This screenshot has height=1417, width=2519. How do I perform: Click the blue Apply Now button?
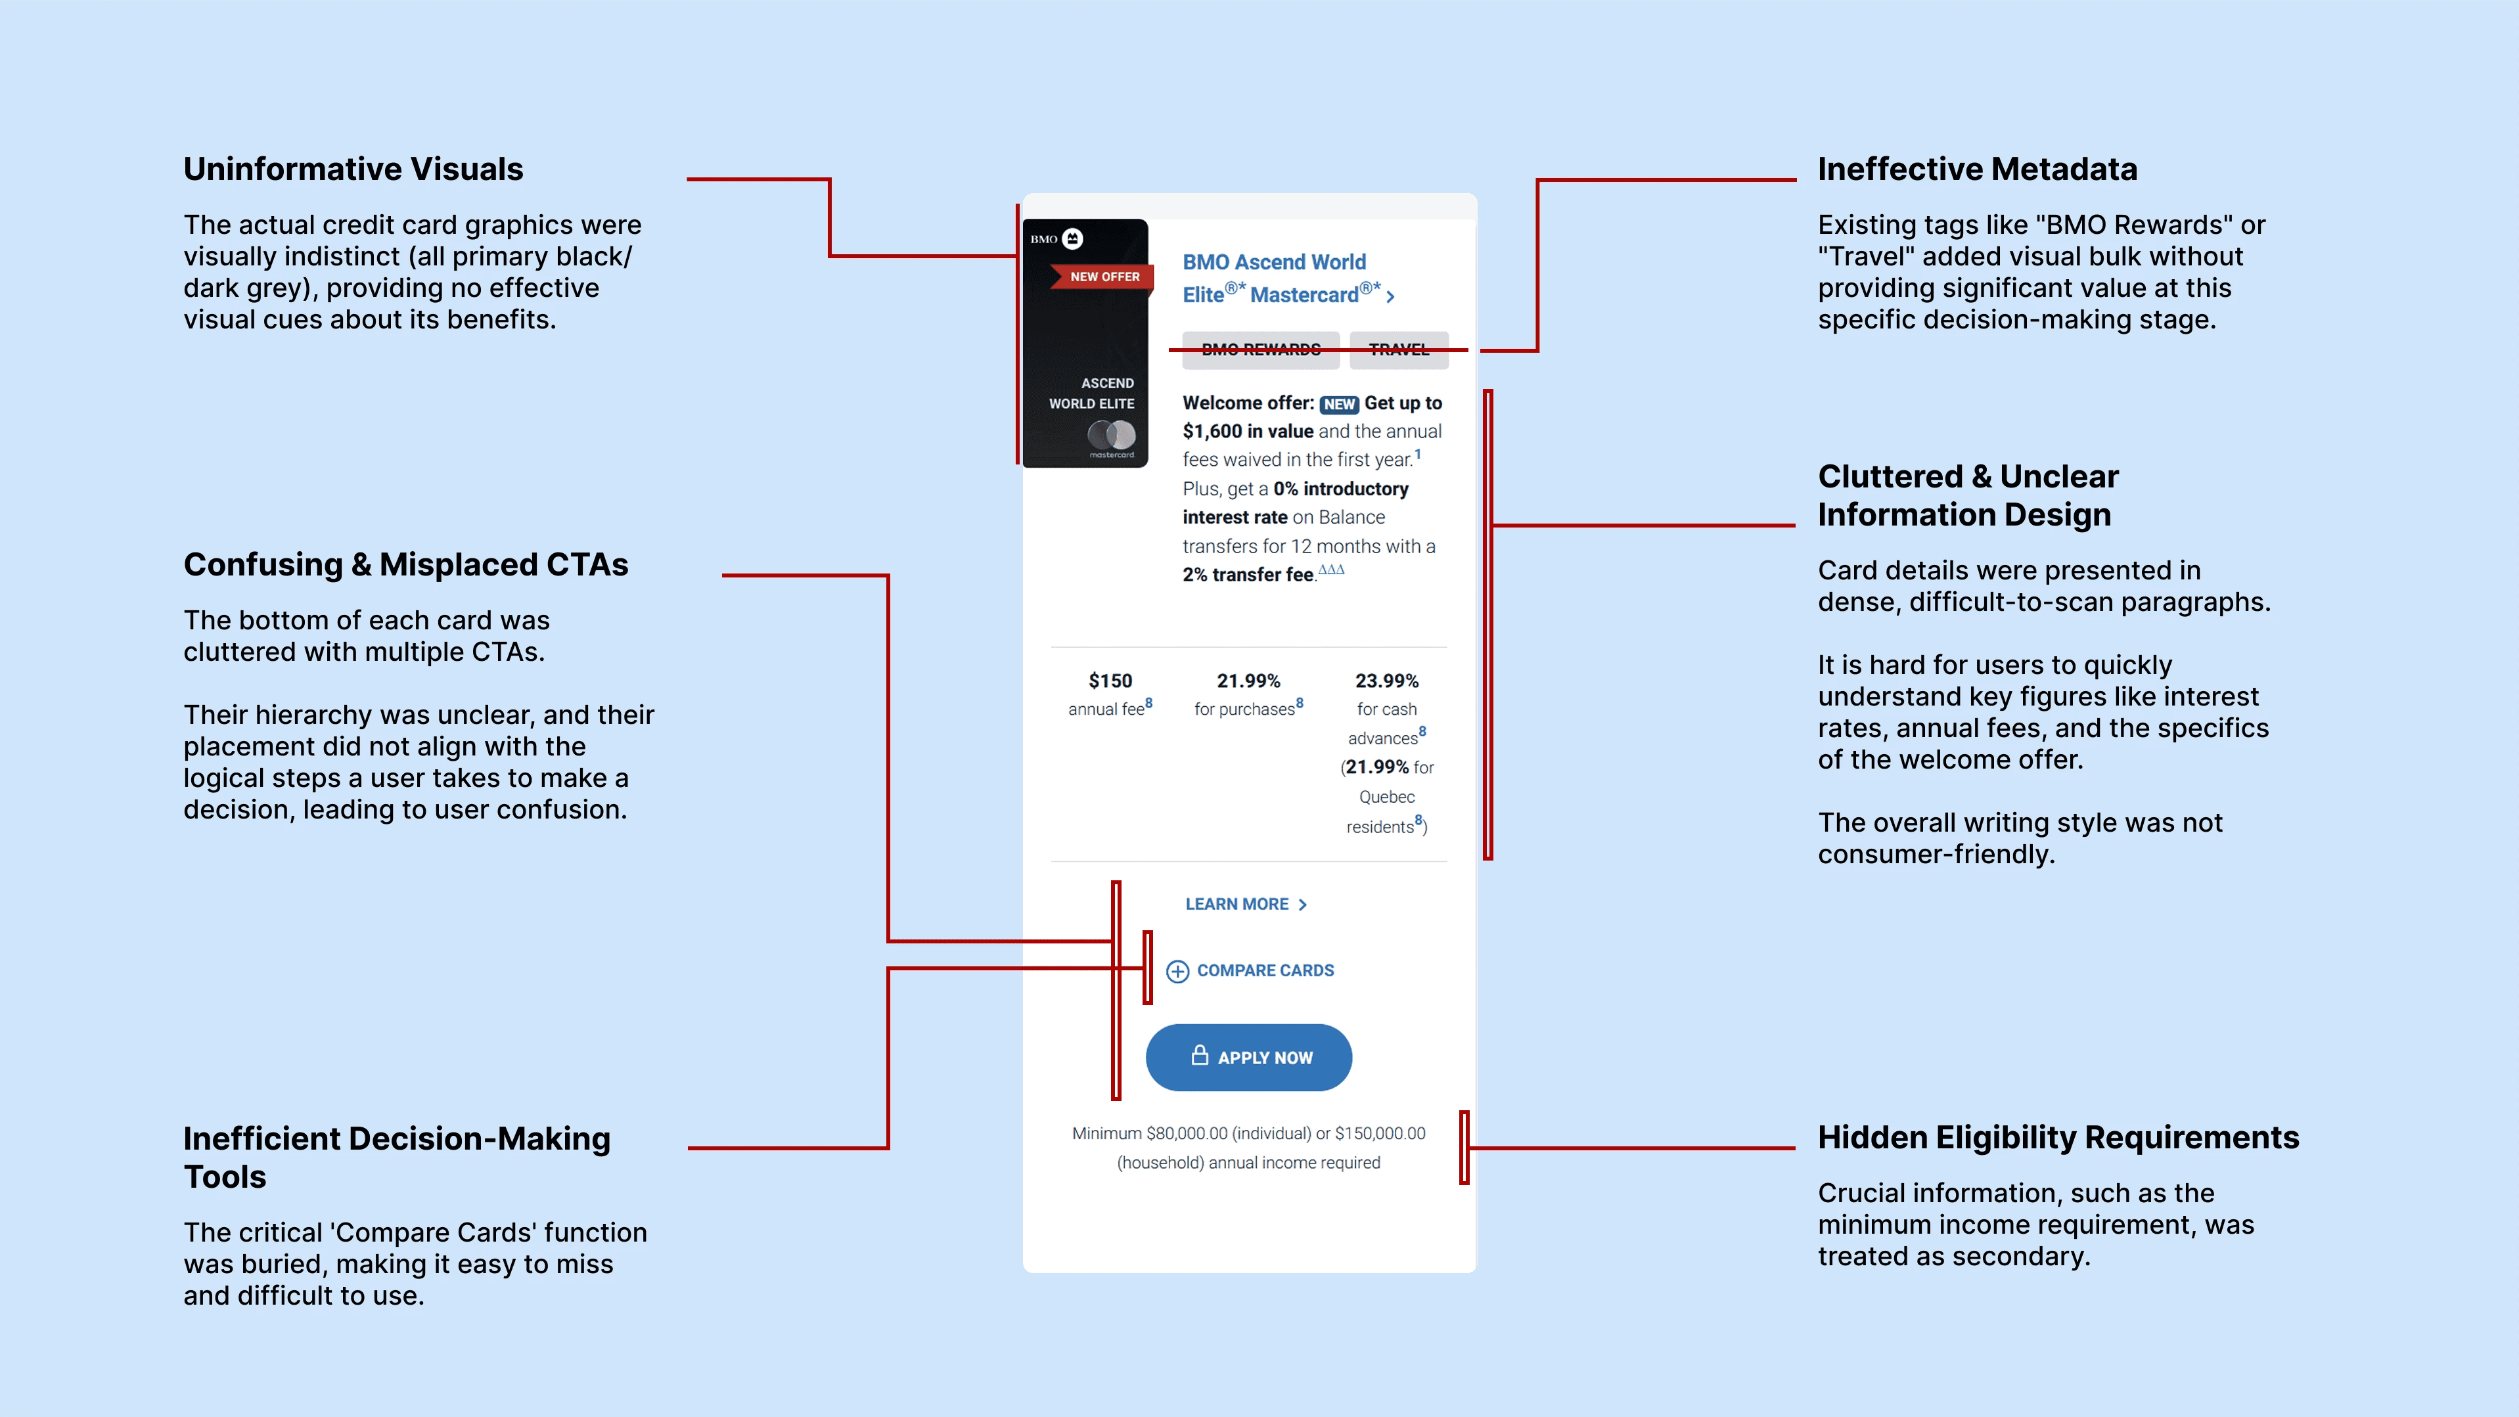point(1249,1057)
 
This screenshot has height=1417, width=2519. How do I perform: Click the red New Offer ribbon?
point(1103,277)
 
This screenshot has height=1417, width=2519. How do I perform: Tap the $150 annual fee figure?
point(1110,681)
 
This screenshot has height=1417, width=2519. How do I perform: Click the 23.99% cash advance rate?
point(1386,681)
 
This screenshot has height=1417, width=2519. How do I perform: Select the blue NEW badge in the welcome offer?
point(1339,405)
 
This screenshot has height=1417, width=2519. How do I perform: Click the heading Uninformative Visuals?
point(353,169)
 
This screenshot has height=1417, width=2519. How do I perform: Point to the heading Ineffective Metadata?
point(1977,169)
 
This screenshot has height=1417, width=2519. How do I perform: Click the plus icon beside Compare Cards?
point(1177,971)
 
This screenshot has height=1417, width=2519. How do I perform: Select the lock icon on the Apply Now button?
point(1200,1055)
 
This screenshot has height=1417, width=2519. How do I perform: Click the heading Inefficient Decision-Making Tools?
point(396,1157)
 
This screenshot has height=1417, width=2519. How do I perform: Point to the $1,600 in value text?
point(1248,431)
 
